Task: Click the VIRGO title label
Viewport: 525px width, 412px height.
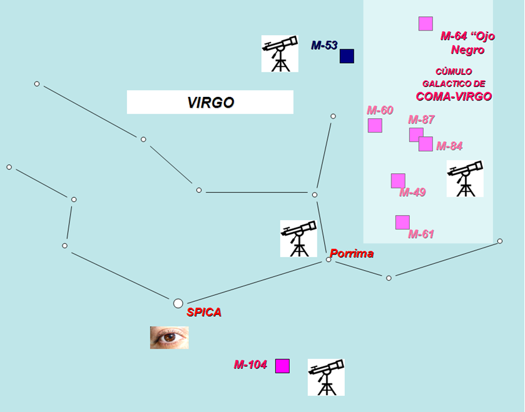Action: click(x=210, y=103)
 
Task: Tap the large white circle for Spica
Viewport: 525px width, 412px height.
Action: click(x=178, y=303)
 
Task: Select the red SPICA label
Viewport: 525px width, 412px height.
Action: click(x=204, y=312)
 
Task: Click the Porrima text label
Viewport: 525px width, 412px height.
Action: click(x=352, y=253)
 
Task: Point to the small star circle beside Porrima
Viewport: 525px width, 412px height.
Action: click(x=329, y=259)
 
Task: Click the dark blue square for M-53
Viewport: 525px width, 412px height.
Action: click(x=347, y=56)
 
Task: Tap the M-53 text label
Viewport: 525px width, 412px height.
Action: click(x=324, y=46)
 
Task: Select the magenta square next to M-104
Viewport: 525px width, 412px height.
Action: click(x=283, y=366)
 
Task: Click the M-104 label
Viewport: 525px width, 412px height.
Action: click(x=250, y=364)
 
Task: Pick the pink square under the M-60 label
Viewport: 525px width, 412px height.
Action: click(x=375, y=125)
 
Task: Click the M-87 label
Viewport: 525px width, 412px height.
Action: click(x=421, y=119)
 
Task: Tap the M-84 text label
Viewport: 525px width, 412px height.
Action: click(x=449, y=146)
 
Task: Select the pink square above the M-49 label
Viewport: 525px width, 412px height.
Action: click(x=398, y=181)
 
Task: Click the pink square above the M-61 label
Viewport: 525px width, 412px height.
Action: click(x=402, y=222)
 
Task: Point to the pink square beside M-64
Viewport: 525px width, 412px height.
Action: click(x=426, y=24)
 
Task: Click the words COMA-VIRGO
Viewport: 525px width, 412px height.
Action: click(x=454, y=96)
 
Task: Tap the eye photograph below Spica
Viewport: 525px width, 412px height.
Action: click(x=169, y=338)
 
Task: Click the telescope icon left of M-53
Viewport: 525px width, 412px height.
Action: click(x=279, y=54)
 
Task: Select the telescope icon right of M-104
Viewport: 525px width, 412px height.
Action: click(x=326, y=377)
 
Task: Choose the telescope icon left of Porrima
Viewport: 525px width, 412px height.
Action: click(x=298, y=238)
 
